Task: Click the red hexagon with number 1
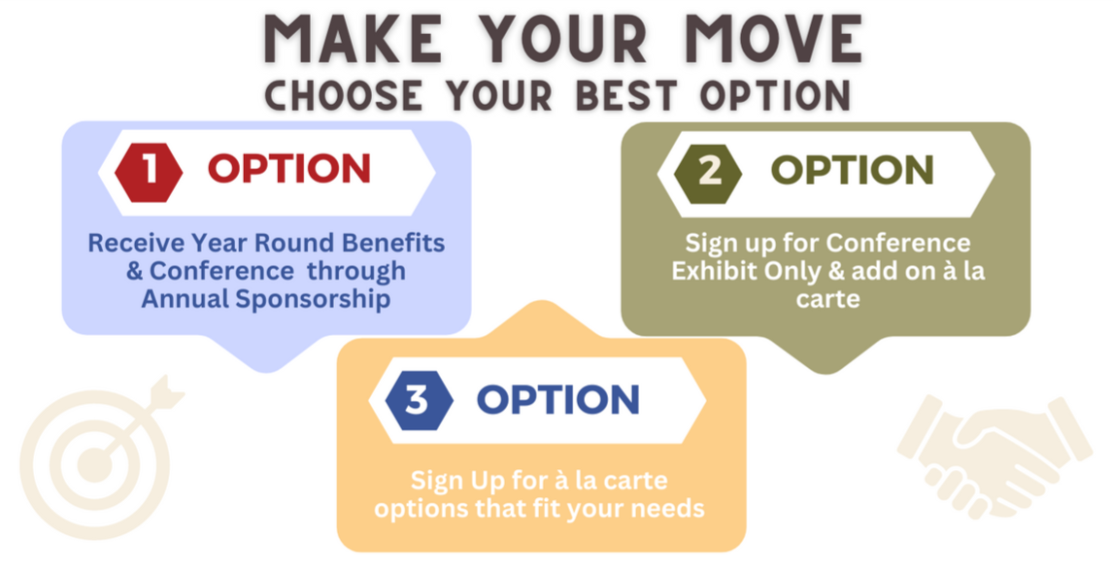coord(149,172)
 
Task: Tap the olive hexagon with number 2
coord(708,173)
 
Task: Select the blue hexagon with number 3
coord(419,400)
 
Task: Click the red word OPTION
coord(288,170)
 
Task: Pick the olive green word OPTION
coord(852,171)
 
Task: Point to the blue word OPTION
coord(557,399)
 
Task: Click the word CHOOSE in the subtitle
coord(344,96)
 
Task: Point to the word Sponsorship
coord(313,299)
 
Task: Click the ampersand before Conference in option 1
coord(134,271)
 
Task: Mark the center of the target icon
coord(93,465)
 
